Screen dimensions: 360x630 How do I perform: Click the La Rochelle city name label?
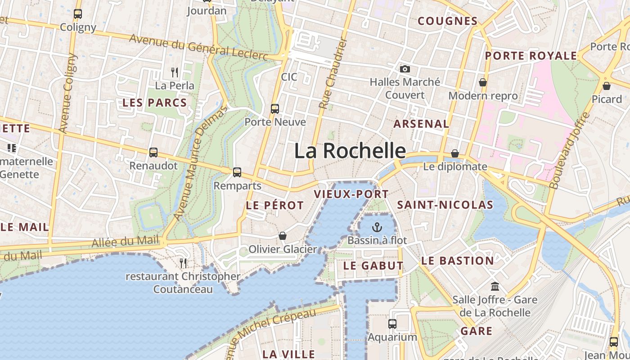350,151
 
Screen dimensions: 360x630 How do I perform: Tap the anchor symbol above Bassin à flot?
377,227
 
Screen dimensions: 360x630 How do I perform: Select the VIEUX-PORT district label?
351,194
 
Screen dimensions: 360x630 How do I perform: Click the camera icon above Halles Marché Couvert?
405,69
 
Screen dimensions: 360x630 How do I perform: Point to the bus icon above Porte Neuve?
275,108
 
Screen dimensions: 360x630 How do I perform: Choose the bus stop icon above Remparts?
237,172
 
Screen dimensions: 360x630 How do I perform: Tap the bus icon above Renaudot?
153,152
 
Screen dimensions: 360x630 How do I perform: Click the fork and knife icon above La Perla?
175,72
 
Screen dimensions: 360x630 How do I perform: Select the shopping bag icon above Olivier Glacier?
283,236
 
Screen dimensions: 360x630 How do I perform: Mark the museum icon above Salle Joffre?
495,286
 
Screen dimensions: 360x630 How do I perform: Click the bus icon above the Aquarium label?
392,324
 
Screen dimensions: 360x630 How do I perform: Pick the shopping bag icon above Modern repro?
483,82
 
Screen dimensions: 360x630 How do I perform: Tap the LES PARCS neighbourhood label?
154,103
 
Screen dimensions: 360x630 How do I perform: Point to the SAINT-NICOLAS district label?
445,205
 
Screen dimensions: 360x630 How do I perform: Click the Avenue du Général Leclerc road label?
198,46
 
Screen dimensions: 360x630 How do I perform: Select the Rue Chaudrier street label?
333,73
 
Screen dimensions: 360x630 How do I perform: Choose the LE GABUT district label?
373,265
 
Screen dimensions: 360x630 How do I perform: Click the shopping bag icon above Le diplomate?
455,153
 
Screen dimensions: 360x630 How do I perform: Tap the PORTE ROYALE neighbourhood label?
531,56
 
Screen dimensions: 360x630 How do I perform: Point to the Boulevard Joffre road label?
570,150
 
